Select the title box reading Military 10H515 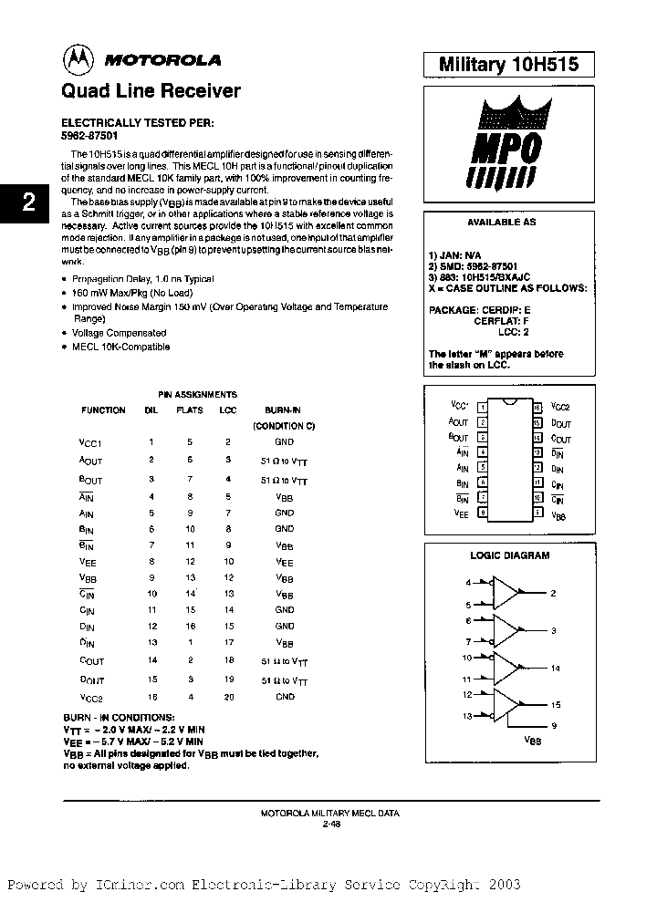pos(509,64)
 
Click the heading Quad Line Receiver pos(151,91)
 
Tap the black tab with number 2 pos(28,202)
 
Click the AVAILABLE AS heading pos(502,223)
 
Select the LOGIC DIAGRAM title pos(509,555)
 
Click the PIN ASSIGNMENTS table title pos(197,394)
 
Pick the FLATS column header pos(190,410)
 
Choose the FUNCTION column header pos(103,410)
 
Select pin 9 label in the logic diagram pos(554,725)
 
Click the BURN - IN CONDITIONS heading pos(119,718)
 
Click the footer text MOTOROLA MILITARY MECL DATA pos(330,812)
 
